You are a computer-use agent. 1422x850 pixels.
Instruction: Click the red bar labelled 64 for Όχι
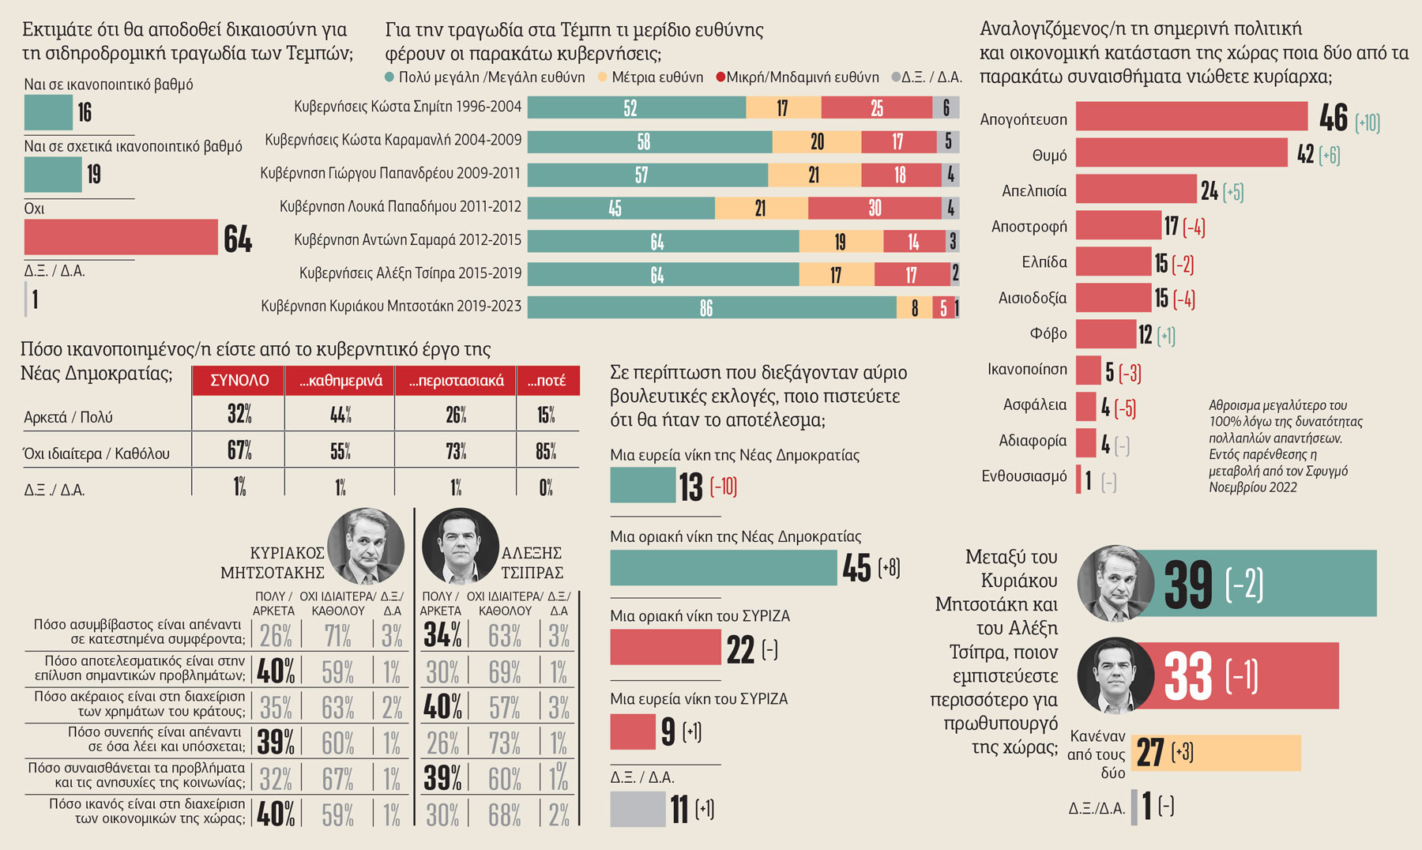[x=121, y=237]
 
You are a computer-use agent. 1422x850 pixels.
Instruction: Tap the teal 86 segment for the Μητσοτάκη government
[x=711, y=307]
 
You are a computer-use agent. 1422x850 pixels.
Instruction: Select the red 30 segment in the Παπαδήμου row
[x=875, y=208]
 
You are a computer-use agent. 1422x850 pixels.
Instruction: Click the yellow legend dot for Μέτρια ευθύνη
[x=603, y=77]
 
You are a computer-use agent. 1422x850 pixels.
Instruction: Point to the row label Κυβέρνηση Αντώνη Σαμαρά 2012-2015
[x=408, y=239]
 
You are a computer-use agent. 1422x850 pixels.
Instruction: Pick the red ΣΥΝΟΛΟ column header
[x=239, y=380]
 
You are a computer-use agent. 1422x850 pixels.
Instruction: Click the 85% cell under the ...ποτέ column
[x=546, y=451]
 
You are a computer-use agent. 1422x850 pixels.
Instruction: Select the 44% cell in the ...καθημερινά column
[x=340, y=414]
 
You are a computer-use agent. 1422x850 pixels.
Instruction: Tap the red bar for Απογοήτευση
[x=1191, y=116]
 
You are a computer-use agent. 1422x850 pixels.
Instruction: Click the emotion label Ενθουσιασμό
[x=1024, y=476]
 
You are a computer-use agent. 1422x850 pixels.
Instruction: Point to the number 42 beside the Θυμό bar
[x=1305, y=154]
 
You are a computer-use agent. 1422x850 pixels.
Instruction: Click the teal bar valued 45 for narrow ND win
[x=723, y=568]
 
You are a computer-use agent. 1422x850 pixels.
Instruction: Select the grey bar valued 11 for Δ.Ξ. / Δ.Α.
[x=638, y=809]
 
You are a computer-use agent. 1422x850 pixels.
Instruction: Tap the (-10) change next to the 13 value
[x=724, y=487]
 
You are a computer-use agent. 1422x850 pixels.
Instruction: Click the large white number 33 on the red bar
[x=1188, y=675]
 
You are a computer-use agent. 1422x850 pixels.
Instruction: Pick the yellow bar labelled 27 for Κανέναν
[x=1216, y=753]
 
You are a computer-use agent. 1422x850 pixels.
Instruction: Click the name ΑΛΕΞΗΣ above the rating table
[x=532, y=553]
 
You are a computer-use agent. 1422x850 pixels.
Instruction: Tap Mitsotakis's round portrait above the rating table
[x=366, y=546]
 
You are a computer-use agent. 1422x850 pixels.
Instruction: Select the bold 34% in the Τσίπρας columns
[x=442, y=634]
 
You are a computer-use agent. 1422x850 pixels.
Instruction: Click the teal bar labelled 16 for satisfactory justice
[x=48, y=113]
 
